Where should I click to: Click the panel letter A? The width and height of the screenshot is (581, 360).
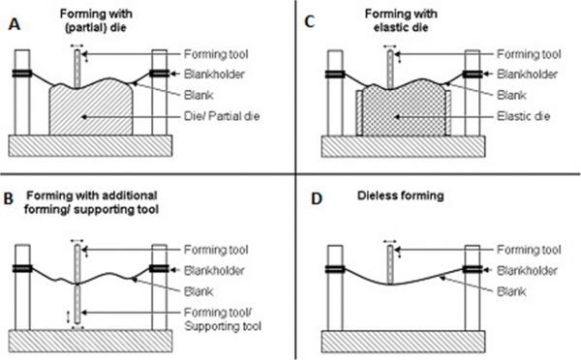(x=15, y=25)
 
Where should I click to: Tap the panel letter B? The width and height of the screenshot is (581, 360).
(x=8, y=199)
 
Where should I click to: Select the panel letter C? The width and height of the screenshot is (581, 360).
(x=310, y=22)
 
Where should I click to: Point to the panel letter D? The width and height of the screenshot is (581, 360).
(x=317, y=199)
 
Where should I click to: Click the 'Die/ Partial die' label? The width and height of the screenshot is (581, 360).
(x=222, y=116)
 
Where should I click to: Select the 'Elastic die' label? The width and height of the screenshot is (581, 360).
(x=523, y=116)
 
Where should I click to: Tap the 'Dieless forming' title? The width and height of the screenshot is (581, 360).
(x=401, y=195)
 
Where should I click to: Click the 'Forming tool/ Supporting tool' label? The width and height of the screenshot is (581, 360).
(x=223, y=319)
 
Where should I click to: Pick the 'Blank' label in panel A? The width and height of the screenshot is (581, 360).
(x=199, y=95)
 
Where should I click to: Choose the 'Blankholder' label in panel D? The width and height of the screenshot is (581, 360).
(x=527, y=270)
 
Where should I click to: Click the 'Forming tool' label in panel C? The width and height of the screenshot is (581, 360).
(x=529, y=54)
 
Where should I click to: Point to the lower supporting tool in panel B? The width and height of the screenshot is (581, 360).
(x=77, y=304)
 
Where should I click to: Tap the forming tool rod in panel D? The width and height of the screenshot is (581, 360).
(x=390, y=265)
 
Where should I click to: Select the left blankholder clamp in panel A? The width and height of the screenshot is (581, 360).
(x=22, y=74)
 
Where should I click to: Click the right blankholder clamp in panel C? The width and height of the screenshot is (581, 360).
(x=473, y=75)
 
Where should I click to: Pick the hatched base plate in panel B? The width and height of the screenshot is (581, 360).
(x=90, y=341)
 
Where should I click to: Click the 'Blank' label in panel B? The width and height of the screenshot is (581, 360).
(x=199, y=291)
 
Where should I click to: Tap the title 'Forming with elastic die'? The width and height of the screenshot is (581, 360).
(x=401, y=20)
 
